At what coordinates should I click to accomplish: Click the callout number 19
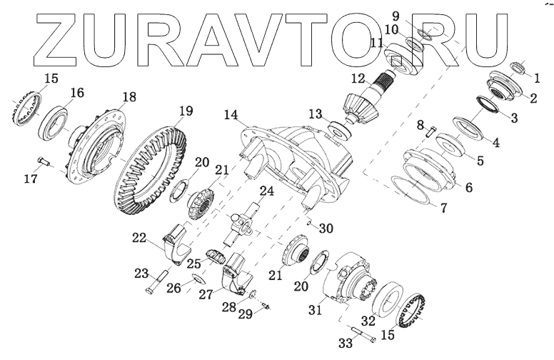(186, 111)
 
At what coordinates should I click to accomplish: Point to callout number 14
(230, 114)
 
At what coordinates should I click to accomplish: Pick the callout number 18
(129, 97)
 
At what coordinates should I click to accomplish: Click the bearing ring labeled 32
(389, 299)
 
